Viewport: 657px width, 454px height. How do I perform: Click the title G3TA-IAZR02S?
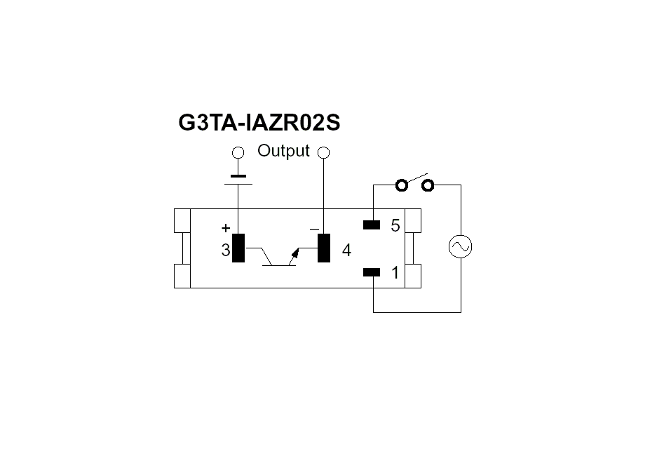[259, 122]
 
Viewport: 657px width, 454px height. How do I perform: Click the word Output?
[283, 151]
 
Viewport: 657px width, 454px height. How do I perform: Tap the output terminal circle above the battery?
[238, 152]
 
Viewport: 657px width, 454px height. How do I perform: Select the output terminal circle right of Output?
[323, 152]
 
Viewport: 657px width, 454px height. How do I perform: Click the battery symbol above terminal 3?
[238, 180]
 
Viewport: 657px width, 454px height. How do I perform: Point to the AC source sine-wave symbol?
[460, 246]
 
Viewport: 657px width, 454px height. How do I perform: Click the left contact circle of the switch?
[401, 185]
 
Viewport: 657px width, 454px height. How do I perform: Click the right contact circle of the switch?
[428, 185]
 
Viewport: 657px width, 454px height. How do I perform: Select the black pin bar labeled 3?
[238, 248]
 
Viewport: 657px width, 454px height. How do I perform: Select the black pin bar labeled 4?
[324, 248]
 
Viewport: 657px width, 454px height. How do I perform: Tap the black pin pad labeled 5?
[372, 225]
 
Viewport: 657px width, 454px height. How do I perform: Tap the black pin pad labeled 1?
[372, 272]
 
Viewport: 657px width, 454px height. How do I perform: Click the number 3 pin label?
[225, 251]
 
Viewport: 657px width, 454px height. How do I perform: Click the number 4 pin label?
[346, 251]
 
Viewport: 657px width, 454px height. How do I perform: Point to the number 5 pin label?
[395, 225]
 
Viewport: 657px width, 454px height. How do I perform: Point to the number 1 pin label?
[395, 273]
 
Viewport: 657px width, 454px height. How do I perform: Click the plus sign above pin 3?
[226, 227]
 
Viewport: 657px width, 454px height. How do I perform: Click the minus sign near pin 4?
[314, 229]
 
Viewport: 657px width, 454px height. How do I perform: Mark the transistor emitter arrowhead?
[295, 253]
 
